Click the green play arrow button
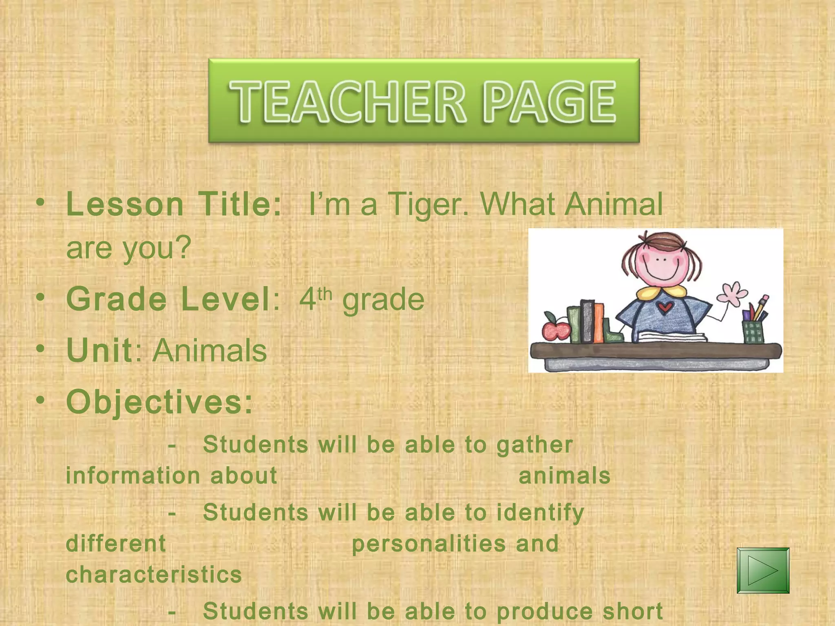tap(763, 570)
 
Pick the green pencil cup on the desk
tap(753, 331)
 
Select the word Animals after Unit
tap(210, 350)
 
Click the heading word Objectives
tap(159, 402)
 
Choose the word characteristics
tap(154, 575)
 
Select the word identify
tap(540, 513)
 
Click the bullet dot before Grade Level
tap(40, 298)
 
